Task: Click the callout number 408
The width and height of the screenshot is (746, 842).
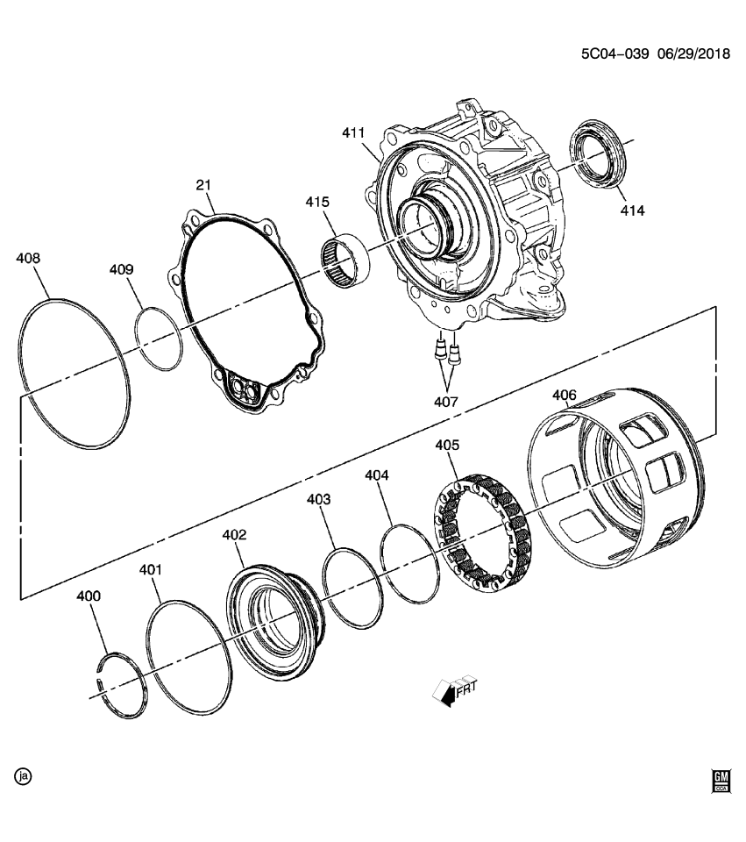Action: point(29,259)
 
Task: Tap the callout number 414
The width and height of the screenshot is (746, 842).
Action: point(632,210)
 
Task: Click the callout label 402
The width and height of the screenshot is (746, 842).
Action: point(234,534)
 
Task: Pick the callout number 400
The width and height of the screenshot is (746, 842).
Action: point(89,596)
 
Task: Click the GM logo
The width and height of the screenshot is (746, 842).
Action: point(721,780)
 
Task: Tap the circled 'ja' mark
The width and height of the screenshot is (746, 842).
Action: point(24,776)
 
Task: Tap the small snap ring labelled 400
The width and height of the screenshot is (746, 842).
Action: point(122,686)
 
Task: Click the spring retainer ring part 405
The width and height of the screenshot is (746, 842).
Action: point(481,529)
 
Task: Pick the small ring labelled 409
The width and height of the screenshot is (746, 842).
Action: point(160,338)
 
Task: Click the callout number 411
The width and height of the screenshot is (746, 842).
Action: point(353,132)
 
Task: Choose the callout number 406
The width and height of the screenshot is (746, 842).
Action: point(565,396)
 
